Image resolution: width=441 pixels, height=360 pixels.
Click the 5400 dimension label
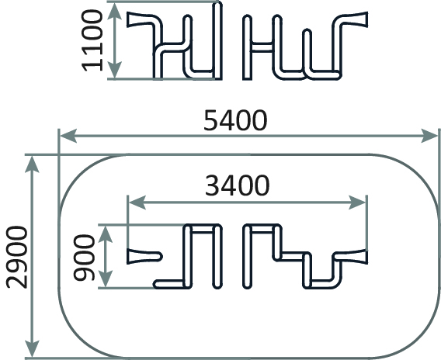(x=235, y=120)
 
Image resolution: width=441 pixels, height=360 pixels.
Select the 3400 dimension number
(x=238, y=185)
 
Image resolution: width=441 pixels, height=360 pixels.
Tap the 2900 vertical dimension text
(x=17, y=257)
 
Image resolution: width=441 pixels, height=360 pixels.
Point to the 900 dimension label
(x=84, y=258)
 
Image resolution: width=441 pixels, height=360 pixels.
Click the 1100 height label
(x=92, y=40)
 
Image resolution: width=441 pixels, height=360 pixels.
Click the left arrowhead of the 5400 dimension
(x=68, y=136)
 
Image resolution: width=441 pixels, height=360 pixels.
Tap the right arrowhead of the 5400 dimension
(x=429, y=136)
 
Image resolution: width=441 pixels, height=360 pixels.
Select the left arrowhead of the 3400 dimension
(x=137, y=202)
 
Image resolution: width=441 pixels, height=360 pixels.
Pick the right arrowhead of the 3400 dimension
(x=357, y=202)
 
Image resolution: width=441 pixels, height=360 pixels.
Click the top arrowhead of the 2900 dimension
(x=32, y=164)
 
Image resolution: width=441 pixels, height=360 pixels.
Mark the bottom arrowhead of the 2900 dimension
(x=32, y=348)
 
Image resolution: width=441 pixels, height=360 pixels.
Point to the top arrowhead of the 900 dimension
(x=106, y=234)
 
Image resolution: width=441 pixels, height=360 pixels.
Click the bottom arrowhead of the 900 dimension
(x=106, y=279)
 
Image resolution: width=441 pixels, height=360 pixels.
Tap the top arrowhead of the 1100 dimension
(x=114, y=11)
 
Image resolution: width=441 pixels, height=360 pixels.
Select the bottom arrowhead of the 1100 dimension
(x=114, y=70)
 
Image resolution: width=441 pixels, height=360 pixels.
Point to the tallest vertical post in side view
(x=217, y=40)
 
